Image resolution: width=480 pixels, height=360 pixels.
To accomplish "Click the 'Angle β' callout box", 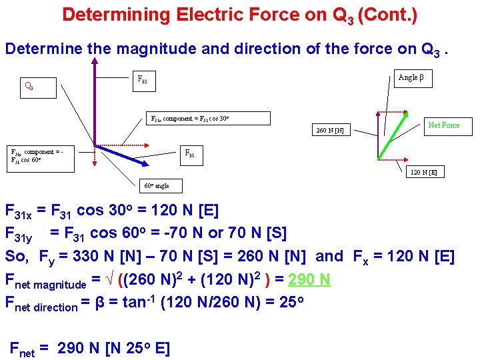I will click(x=411, y=78).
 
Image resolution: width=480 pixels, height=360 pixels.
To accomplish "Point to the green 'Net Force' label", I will click(x=443, y=125).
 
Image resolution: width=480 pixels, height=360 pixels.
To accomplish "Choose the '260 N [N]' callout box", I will click(x=331, y=131).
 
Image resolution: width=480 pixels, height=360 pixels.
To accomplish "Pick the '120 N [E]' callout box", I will click(x=423, y=172).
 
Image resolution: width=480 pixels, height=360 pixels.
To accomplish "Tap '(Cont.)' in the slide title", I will click(x=387, y=15).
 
